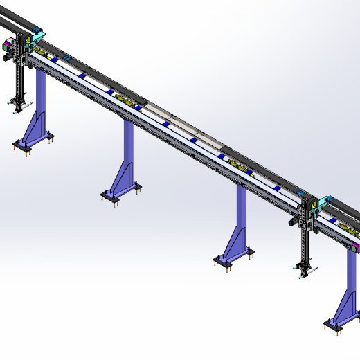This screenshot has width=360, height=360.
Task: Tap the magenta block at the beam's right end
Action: coord(356,246)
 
